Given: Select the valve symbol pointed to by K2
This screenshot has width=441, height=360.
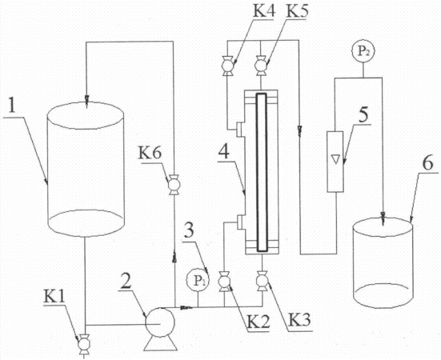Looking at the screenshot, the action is [224, 282].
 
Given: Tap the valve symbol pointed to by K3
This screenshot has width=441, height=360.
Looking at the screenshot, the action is [263, 281].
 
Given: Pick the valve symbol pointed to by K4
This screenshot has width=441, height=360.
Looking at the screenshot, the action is [227, 66].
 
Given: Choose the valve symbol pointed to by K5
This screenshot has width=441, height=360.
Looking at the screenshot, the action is [261, 66].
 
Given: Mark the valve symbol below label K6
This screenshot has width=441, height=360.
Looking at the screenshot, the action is [174, 185].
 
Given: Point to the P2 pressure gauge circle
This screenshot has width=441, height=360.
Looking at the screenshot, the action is [363, 51].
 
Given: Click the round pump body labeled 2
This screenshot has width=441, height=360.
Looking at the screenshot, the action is [160, 322].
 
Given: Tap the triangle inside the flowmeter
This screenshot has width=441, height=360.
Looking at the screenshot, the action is [335, 159].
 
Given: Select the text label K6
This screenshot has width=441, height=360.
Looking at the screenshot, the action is [150, 154].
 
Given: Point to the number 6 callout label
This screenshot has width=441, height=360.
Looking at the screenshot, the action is [427, 164].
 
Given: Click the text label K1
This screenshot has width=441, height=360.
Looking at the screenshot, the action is [54, 296].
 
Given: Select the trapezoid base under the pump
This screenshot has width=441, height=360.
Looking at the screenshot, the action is [161, 343].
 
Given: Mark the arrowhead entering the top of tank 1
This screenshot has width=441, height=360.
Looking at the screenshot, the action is [86, 102].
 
